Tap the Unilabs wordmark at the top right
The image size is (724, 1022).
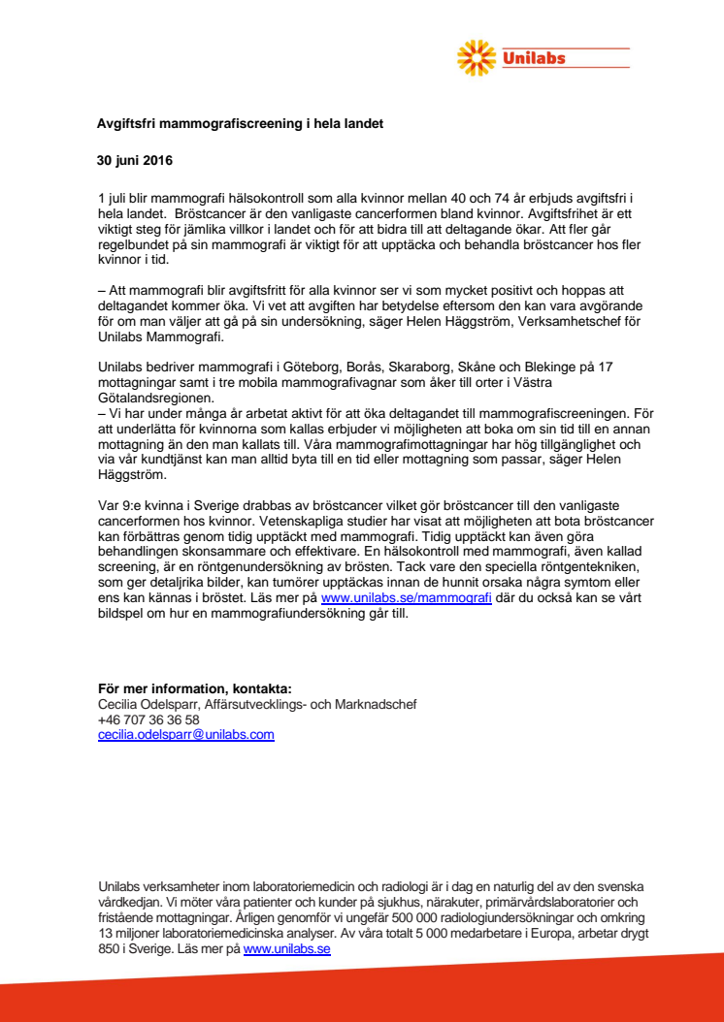(x=535, y=58)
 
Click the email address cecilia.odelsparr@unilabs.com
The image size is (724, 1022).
(x=185, y=735)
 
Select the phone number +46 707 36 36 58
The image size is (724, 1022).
(x=148, y=720)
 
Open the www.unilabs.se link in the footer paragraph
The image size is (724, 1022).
(x=286, y=949)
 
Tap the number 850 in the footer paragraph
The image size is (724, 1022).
(x=110, y=949)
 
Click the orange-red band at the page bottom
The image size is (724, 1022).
(x=362, y=999)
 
